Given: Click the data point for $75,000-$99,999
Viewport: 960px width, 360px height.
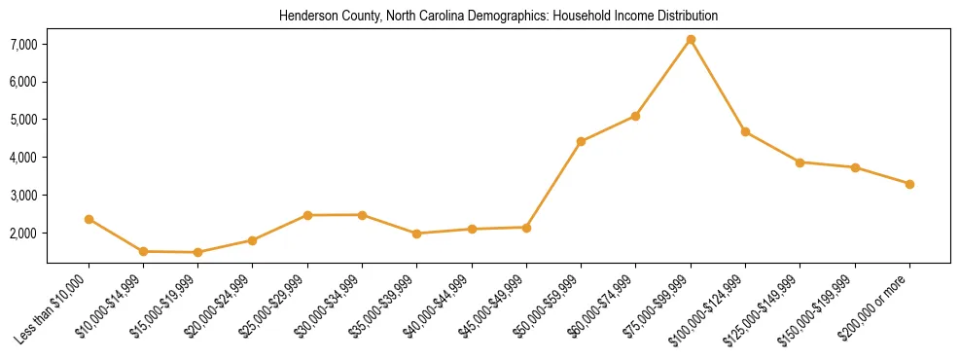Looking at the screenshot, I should click(x=691, y=40).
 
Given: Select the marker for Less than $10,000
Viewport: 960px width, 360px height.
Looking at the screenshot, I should click(x=89, y=220).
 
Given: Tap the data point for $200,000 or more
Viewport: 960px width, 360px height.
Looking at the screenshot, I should click(x=909, y=184).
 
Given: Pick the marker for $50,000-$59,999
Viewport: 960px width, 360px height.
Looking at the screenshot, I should click(x=581, y=141).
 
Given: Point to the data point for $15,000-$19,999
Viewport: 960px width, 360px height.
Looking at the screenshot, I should click(x=197, y=252).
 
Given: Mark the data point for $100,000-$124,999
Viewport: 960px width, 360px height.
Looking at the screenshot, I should click(x=745, y=131).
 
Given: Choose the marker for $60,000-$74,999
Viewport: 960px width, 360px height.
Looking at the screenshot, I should click(x=635, y=116).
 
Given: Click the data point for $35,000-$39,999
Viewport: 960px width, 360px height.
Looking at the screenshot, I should click(x=416, y=234).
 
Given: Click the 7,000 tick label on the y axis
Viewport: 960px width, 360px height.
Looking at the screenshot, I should click(x=23, y=44).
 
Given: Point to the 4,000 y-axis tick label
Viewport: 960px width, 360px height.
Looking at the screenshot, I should click(x=23, y=158).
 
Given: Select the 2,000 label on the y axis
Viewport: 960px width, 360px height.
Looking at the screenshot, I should click(x=23, y=234).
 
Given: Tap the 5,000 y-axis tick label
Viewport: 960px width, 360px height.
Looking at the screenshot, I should click(x=23, y=120).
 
